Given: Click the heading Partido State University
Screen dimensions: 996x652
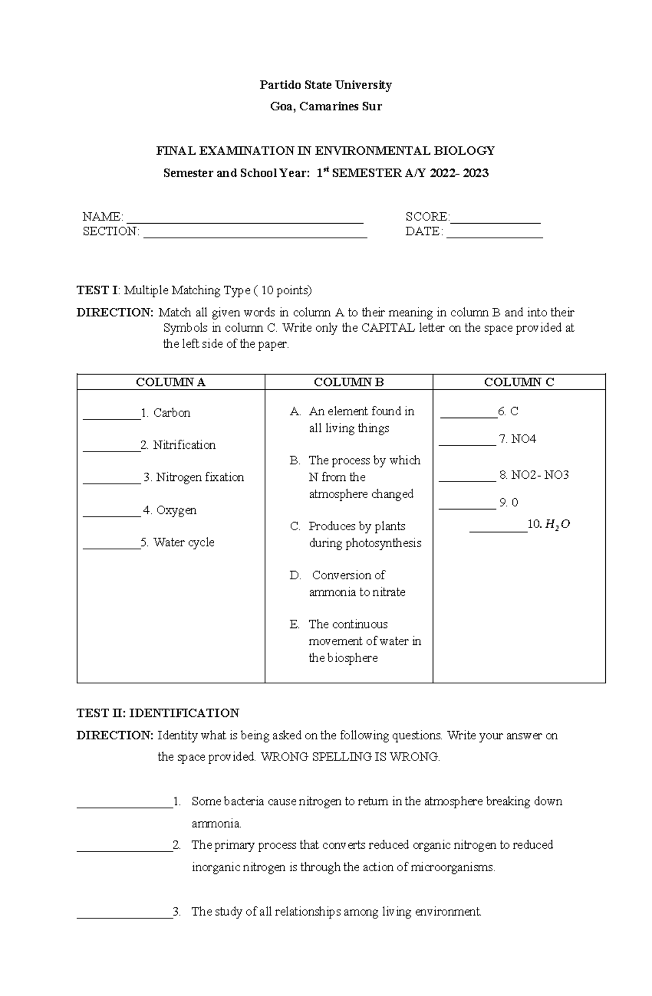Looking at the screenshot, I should pos(325,85).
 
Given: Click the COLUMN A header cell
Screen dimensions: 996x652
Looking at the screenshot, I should pos(171,382).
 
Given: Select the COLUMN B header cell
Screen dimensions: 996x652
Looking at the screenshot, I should pos(349,382).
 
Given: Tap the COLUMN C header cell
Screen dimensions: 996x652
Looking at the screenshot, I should pos(519,382).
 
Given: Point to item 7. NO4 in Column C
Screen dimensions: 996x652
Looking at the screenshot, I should pos(517,439).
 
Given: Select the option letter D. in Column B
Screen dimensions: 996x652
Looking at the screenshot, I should pos(295,575).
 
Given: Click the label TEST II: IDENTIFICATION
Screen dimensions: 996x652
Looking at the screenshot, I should pos(158,713).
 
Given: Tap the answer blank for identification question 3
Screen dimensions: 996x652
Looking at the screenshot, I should pos(124,913).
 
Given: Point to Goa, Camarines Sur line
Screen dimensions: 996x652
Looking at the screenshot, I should pos(325,106).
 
